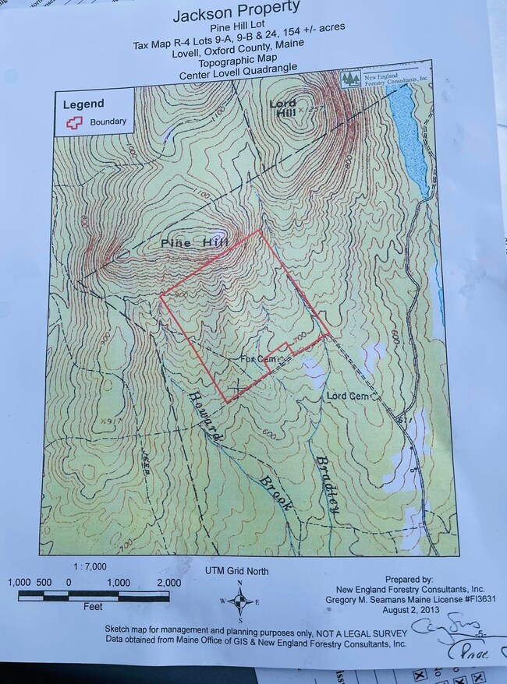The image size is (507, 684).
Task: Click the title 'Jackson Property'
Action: click(236, 13)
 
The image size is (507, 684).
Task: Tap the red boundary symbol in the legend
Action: click(75, 122)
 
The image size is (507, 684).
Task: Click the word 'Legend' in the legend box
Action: click(83, 104)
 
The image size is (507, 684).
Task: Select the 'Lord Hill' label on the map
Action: click(282, 108)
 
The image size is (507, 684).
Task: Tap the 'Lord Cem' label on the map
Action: click(347, 396)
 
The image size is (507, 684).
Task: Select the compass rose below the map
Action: click(240, 601)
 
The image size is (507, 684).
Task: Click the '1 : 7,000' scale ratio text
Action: click(90, 566)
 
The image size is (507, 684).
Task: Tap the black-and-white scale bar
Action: click(98, 595)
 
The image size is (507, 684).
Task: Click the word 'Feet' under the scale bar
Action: click(92, 605)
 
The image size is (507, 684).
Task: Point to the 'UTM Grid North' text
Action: click(237, 571)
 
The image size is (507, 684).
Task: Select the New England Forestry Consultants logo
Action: click(385, 79)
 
